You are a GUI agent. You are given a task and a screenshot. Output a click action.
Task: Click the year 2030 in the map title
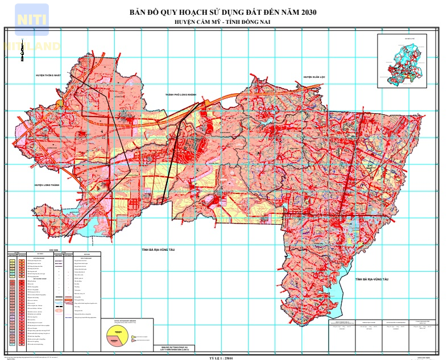[304, 13]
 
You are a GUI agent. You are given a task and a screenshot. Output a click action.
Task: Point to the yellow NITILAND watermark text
[32, 46]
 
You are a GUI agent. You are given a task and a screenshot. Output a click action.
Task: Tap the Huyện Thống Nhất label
[48, 75]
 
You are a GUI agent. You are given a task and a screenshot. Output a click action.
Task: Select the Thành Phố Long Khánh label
[180, 94]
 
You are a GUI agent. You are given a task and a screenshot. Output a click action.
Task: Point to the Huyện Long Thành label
[47, 185]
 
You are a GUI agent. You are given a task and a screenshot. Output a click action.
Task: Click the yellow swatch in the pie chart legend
[134, 337]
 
